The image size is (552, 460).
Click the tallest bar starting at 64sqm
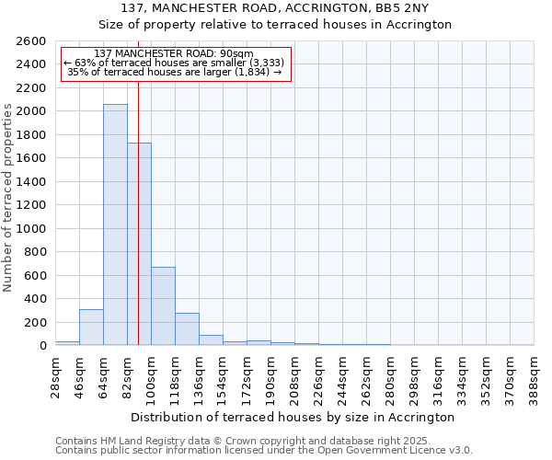pos(115,225)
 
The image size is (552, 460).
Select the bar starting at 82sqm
pos(139,244)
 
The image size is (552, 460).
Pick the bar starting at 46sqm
pos(91,328)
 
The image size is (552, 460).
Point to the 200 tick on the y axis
pos(38,323)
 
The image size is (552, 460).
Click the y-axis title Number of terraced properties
pos(8,198)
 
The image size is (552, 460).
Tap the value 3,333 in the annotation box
pos(267,63)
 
